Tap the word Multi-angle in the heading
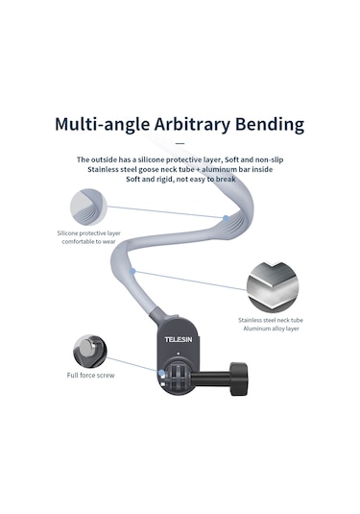(102, 125)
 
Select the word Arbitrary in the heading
(193, 125)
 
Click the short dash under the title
(180, 143)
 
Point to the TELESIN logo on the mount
(179, 339)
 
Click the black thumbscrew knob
(238, 379)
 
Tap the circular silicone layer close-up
(88, 207)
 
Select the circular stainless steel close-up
(273, 287)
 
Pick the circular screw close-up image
(89, 351)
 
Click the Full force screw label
(91, 376)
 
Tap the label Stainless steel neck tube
(271, 320)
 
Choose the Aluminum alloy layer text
(271, 329)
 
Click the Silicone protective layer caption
(88, 233)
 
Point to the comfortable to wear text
(88, 241)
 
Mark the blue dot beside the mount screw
(161, 373)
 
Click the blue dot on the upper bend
(226, 218)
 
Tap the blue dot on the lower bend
(132, 271)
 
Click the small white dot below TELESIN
(178, 354)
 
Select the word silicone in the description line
(151, 159)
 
